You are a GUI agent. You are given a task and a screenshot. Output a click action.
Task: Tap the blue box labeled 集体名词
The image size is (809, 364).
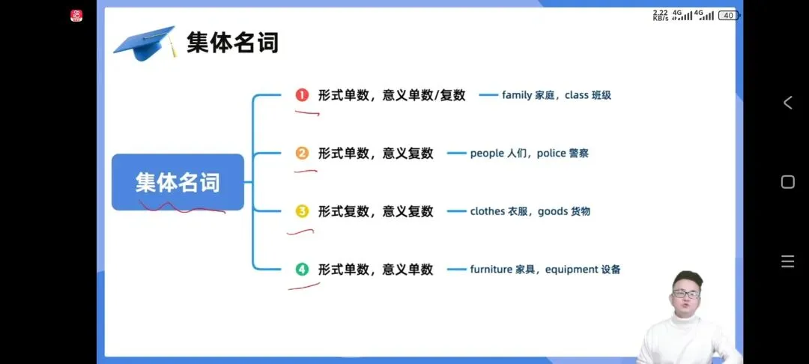[x=178, y=182]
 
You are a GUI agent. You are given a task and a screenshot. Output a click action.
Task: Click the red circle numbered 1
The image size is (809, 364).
[x=302, y=95]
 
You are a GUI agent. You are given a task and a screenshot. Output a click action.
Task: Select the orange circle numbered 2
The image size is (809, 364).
[x=302, y=154]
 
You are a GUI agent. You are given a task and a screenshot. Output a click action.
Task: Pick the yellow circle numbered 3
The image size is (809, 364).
[x=302, y=211]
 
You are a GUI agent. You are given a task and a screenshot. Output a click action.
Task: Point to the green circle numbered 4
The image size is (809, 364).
[x=302, y=270]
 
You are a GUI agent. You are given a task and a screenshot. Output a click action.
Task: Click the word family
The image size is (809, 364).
[x=517, y=95]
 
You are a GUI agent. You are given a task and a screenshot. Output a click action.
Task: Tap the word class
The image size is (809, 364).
[x=577, y=95]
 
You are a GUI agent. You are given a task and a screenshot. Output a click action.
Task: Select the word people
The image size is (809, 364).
[x=487, y=154]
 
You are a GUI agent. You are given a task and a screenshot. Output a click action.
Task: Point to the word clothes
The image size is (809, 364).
[x=488, y=211]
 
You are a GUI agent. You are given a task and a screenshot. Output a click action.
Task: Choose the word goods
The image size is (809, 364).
[x=553, y=211]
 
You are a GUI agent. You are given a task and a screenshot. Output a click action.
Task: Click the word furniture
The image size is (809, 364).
[x=491, y=270]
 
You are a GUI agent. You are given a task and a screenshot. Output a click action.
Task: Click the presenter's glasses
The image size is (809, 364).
[x=685, y=294]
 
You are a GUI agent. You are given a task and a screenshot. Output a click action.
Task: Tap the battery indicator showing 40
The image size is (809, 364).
[x=727, y=15]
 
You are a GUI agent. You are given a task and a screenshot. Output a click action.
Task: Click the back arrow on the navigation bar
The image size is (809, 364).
[x=787, y=103]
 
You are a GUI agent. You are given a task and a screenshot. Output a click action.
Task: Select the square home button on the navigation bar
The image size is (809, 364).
[x=787, y=182]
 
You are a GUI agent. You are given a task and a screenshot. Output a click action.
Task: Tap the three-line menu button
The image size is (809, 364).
[x=787, y=261]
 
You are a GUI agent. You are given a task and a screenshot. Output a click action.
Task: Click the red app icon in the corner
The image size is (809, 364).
[x=76, y=16]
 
